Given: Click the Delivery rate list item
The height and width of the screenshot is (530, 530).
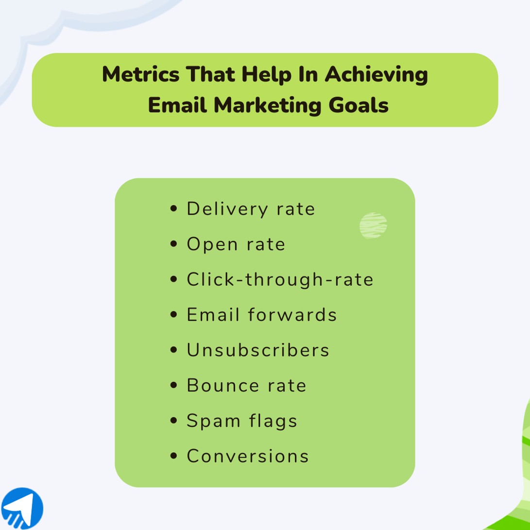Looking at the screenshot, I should [x=251, y=209].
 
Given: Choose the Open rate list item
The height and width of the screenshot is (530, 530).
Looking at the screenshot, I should [x=236, y=244].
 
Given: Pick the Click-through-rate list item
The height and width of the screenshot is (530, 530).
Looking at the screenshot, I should [x=280, y=279].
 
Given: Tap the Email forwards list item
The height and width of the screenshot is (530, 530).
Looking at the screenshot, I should [x=261, y=315].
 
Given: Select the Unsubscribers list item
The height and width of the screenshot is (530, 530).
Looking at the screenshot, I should [x=258, y=350].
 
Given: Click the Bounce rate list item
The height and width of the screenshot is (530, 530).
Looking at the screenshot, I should [x=246, y=385].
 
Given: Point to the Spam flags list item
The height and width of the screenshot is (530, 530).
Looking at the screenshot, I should [x=241, y=421].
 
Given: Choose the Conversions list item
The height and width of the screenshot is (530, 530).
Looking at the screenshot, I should [x=248, y=456].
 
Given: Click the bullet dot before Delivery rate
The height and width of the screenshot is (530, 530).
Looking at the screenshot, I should [x=174, y=209].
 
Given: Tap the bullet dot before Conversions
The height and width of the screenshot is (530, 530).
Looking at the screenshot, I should [x=174, y=457].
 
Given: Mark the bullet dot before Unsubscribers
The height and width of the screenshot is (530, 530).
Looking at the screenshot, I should [x=174, y=350].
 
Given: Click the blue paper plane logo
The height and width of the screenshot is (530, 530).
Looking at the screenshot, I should [x=22, y=509].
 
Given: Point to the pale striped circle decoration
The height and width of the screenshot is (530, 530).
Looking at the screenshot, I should [x=373, y=225].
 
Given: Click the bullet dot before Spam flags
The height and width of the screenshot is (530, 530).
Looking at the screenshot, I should [x=174, y=421].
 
